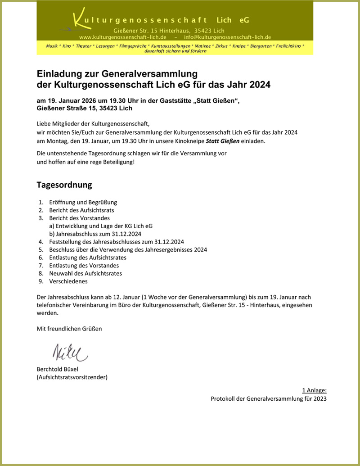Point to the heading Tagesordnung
[64, 185]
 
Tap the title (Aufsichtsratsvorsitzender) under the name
[72, 377]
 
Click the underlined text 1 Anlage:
[314, 390]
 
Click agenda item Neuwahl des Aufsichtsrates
[85, 273]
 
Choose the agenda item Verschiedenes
[68, 281]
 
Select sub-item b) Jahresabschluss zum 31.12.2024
[95, 234]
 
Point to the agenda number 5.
[40, 249]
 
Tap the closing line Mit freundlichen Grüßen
[69, 329]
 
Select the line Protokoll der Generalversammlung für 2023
[268, 398]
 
